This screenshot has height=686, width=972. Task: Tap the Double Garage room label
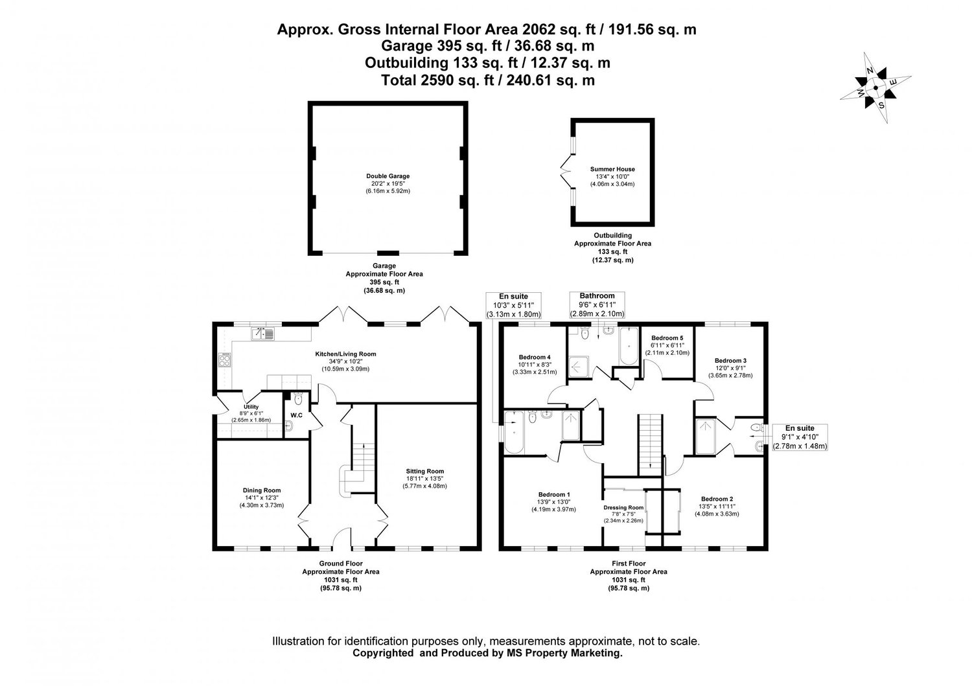pyautogui.click(x=388, y=176)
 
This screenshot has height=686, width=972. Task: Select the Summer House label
pyautogui.click(x=612, y=169)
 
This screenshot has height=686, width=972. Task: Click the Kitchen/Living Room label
pyautogui.click(x=345, y=354)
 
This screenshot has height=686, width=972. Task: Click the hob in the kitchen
pyautogui.click(x=226, y=360)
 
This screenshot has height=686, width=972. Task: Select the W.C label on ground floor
pyautogui.click(x=297, y=415)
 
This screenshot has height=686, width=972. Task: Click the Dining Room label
pyautogui.click(x=262, y=490)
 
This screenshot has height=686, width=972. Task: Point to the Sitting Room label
pyautogui.click(x=425, y=471)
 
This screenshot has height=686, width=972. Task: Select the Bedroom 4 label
pyautogui.click(x=535, y=357)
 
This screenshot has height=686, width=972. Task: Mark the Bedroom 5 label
pyautogui.click(x=667, y=338)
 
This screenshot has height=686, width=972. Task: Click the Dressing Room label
pyautogui.click(x=623, y=508)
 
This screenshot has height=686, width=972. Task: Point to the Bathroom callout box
pyautogui.click(x=596, y=304)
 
